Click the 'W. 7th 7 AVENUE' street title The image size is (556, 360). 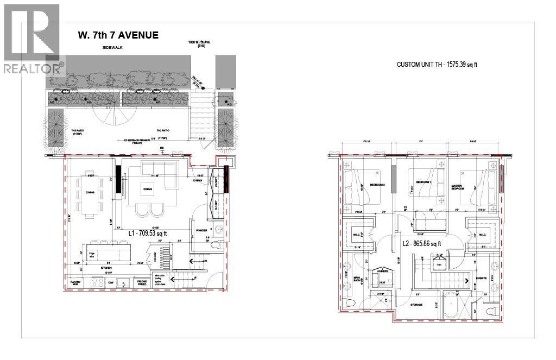(118, 35)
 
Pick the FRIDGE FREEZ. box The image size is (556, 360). (142, 282)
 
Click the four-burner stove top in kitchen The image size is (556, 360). (98, 282)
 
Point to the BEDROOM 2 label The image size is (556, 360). (377, 185)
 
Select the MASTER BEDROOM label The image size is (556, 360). (460, 188)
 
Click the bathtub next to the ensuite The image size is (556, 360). (451, 307)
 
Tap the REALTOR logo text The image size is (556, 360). (33, 68)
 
